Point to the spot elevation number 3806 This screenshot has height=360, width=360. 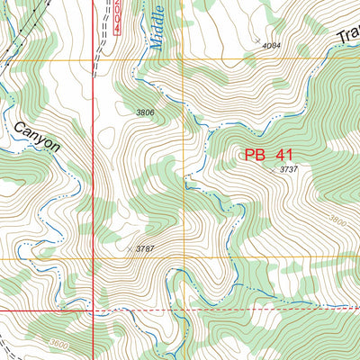pos(145,112)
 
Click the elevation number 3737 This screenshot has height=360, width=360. pos(288,169)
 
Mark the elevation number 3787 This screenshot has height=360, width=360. pos(146,247)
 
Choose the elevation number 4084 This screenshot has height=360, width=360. pos(271,45)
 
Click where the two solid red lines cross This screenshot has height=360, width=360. pos(94,310)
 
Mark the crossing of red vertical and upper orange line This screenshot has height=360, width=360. pos(94,60)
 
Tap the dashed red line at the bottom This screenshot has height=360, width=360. pos(270,309)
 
